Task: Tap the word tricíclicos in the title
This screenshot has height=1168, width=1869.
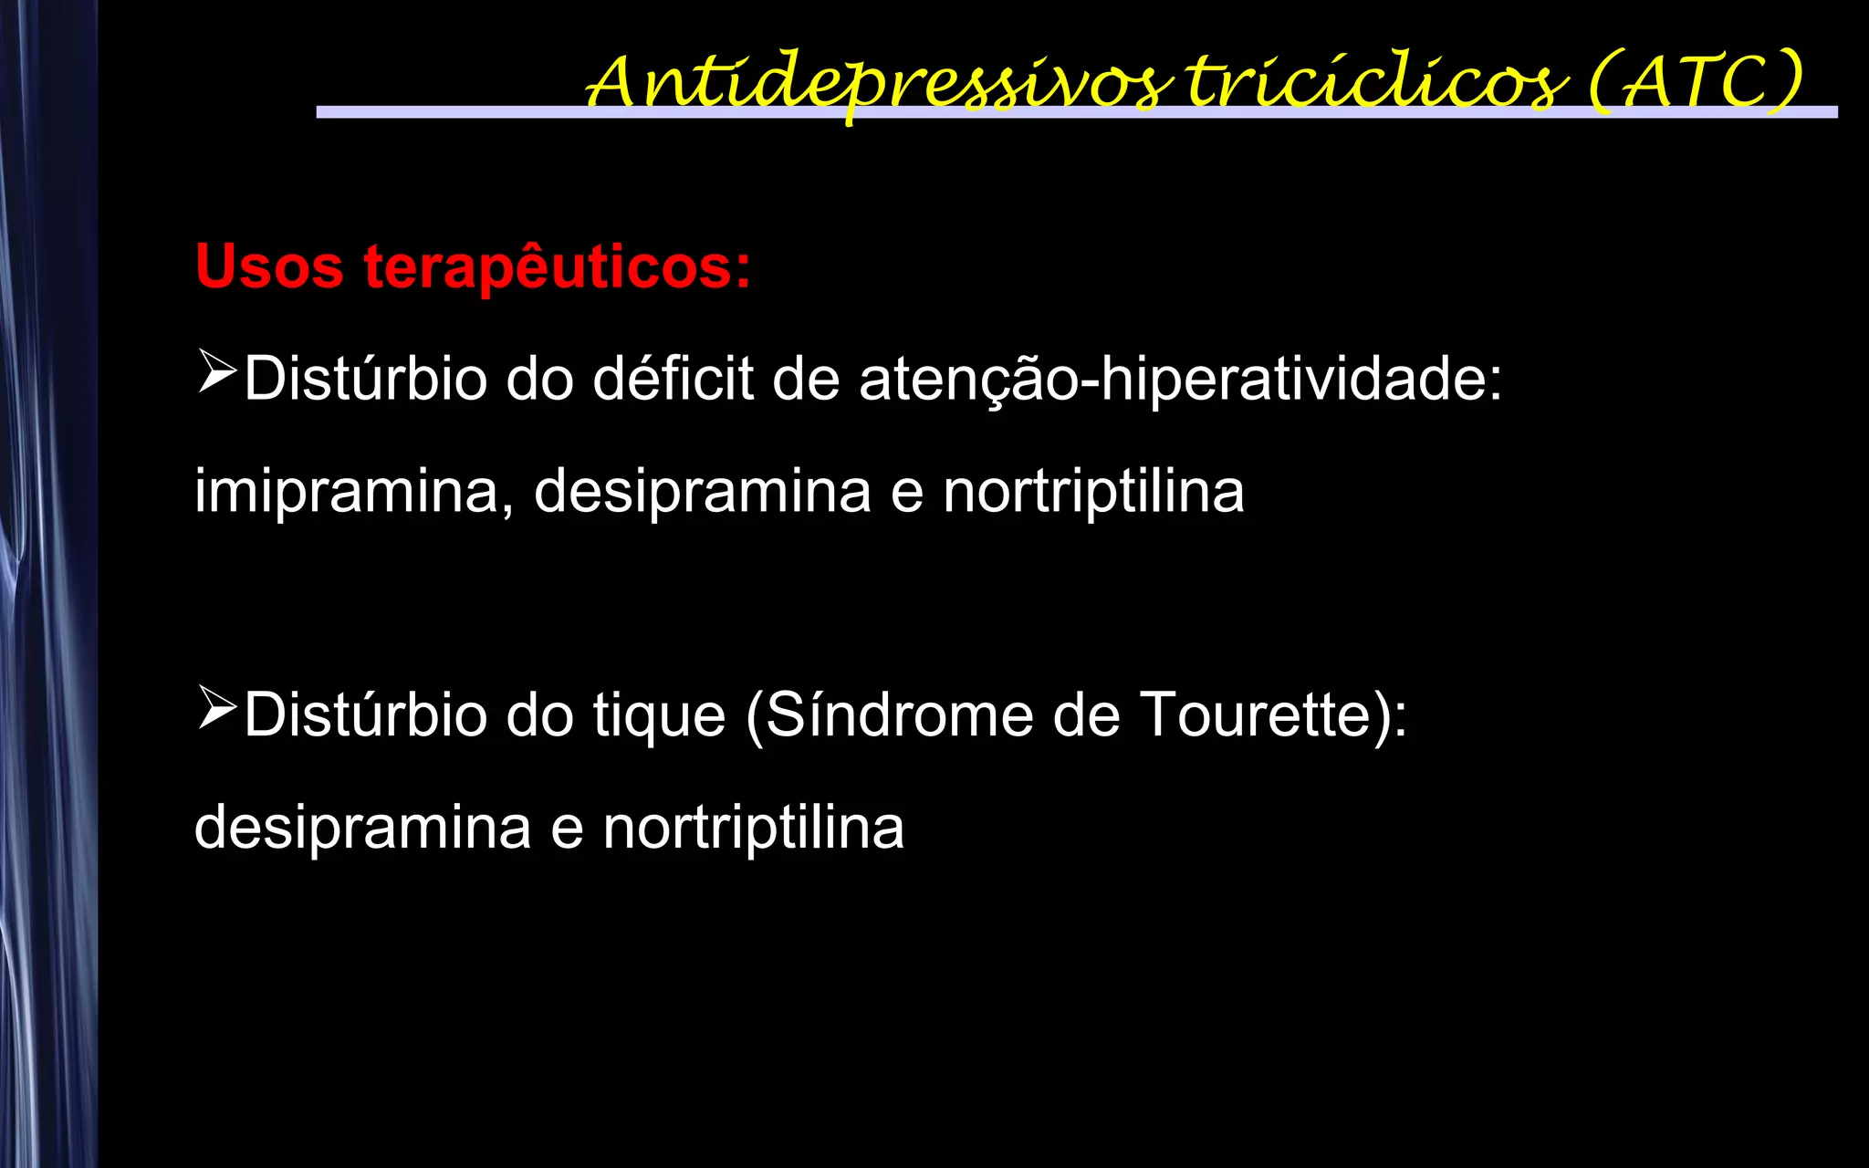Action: (x=1377, y=82)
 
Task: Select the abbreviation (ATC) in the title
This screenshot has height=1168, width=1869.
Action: (x=1695, y=82)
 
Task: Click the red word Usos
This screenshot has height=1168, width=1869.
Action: (x=269, y=267)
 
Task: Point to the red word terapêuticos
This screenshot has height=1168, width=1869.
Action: (x=557, y=267)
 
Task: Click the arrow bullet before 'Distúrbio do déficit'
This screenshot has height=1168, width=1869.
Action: (x=217, y=373)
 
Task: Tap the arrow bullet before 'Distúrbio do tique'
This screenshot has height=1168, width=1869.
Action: (x=217, y=709)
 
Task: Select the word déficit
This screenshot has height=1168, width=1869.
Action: (x=673, y=379)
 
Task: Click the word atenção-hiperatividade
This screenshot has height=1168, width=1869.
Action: (x=1180, y=379)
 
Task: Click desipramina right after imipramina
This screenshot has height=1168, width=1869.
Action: (x=702, y=491)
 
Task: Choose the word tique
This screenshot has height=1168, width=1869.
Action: (x=659, y=714)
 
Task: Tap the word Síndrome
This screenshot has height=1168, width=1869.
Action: (x=899, y=714)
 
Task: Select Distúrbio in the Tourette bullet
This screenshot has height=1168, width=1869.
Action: (x=365, y=714)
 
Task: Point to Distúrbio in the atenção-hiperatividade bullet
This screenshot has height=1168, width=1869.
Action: (x=365, y=379)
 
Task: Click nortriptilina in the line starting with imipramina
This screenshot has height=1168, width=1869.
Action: (x=1093, y=491)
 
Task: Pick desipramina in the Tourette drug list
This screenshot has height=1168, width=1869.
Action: (x=362, y=828)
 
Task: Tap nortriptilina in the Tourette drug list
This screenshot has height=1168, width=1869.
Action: (x=753, y=828)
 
